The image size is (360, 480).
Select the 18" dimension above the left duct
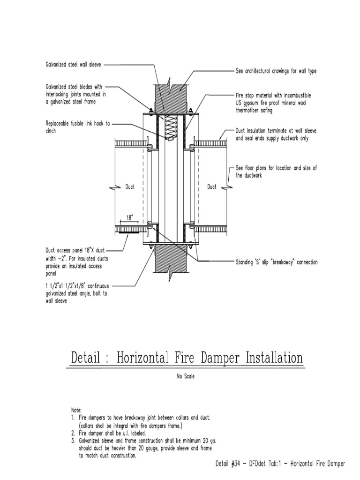[x=130, y=217]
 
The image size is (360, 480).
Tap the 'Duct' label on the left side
[x=130, y=187]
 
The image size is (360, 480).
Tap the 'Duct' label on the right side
[x=212, y=187]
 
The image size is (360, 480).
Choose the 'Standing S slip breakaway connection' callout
[x=276, y=262]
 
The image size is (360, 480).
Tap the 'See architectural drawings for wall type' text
[x=276, y=71]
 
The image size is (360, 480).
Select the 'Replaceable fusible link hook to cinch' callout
[x=78, y=127]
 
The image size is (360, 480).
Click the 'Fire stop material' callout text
[x=273, y=103]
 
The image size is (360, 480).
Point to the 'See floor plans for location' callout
[x=276, y=172]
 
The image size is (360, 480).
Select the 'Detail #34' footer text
[x=280, y=463]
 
